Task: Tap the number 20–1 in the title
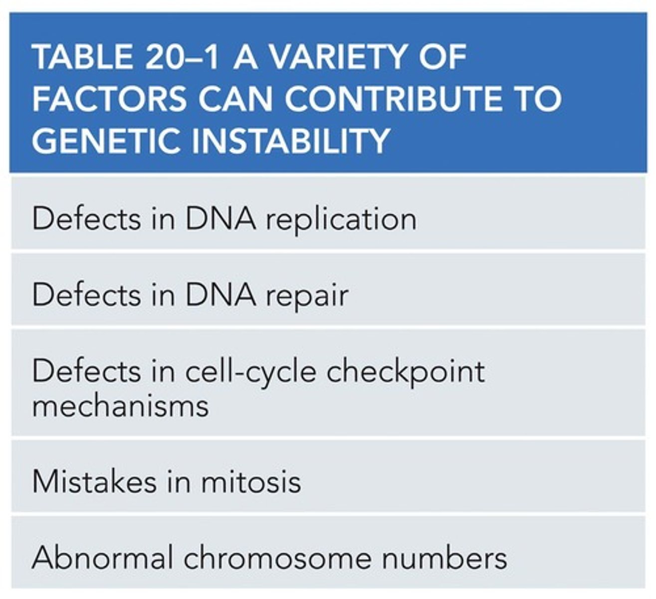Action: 183,58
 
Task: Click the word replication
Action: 341,220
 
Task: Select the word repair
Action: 306,297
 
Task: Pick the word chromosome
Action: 277,558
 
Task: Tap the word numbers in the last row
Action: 444,558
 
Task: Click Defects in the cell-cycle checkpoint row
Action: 86,371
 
